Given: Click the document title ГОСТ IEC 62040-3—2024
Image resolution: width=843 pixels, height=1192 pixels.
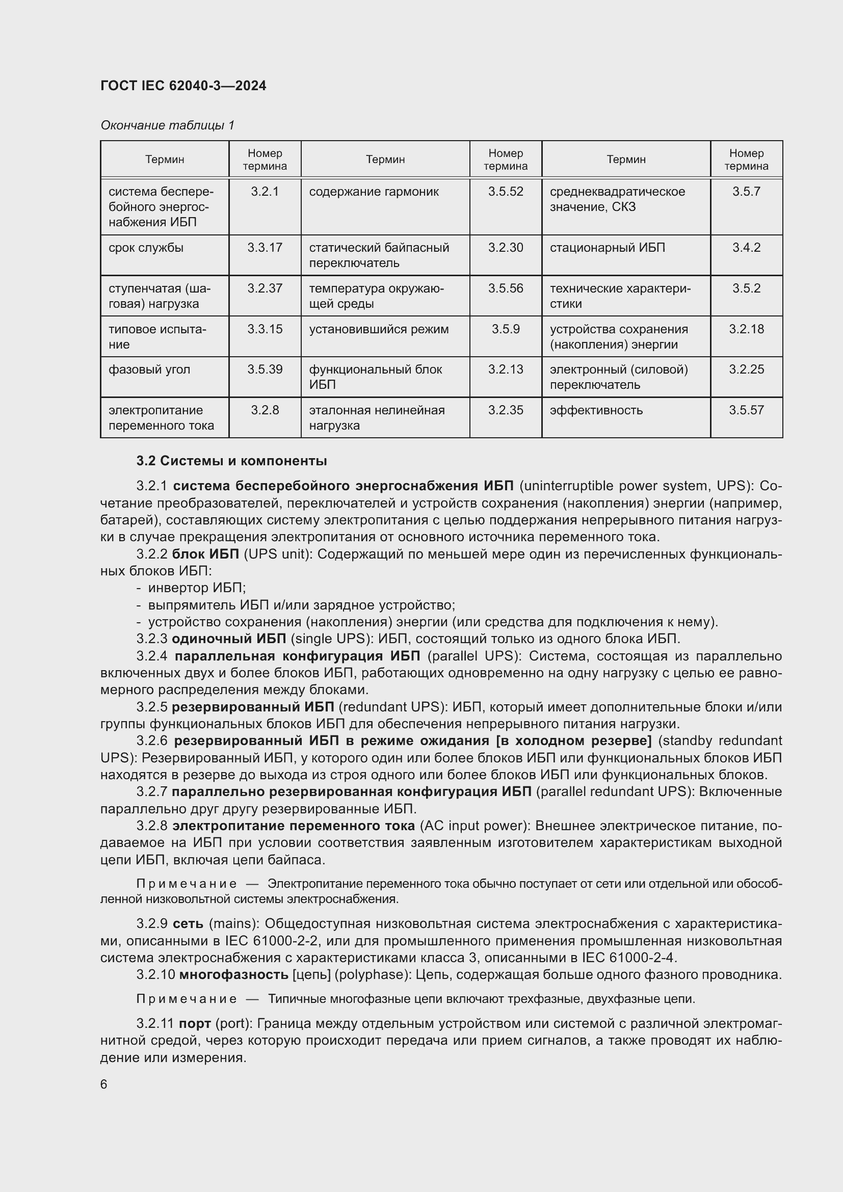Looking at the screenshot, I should coord(183,86).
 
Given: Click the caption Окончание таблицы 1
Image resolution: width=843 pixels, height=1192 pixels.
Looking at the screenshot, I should coord(167,125).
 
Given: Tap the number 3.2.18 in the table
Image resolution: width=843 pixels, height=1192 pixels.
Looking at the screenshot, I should coord(746,329).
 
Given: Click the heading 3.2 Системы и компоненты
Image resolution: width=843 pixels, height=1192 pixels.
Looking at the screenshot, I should coord(231,461).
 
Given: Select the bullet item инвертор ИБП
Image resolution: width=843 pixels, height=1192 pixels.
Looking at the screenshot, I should coord(196,588).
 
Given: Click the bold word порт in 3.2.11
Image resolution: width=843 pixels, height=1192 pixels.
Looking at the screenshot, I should coord(195,1024).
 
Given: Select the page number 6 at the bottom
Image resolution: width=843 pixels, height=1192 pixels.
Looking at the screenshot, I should coord(104,1084).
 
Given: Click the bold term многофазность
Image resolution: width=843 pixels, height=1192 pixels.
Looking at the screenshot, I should coord(233,974).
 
